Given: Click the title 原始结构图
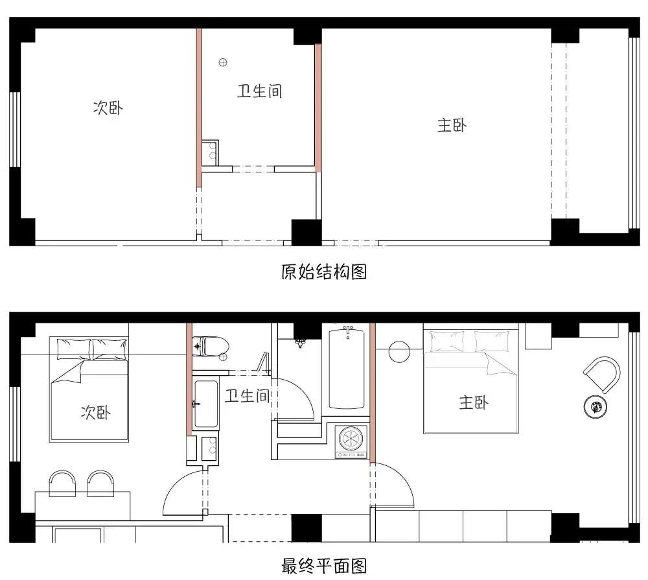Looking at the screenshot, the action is click(x=324, y=272).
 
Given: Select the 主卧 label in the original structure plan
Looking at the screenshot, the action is click(x=452, y=126).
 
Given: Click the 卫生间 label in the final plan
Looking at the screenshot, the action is click(x=247, y=395).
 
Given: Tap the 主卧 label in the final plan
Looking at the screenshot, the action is click(x=474, y=403).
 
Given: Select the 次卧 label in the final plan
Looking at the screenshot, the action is click(x=95, y=412).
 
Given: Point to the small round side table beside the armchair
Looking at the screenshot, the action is click(x=595, y=407).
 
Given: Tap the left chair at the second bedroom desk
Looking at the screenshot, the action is click(x=63, y=483).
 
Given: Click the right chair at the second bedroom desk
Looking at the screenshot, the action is click(x=100, y=483).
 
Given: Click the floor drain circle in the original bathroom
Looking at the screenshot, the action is click(x=223, y=62).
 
